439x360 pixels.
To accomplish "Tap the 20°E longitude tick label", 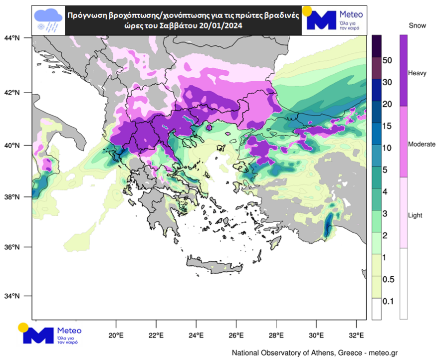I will click(116, 335).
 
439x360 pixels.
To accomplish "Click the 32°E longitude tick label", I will click(356, 335).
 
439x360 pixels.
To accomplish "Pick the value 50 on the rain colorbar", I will click(387, 61).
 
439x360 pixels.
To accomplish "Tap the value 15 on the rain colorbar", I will click(387, 126).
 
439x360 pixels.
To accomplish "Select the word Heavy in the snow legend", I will click(417, 73).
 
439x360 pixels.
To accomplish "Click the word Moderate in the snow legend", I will click(422, 144).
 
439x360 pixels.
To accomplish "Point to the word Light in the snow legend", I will click(415, 215).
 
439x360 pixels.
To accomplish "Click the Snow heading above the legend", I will click(417, 25).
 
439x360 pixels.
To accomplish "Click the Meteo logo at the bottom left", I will click(50, 334).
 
